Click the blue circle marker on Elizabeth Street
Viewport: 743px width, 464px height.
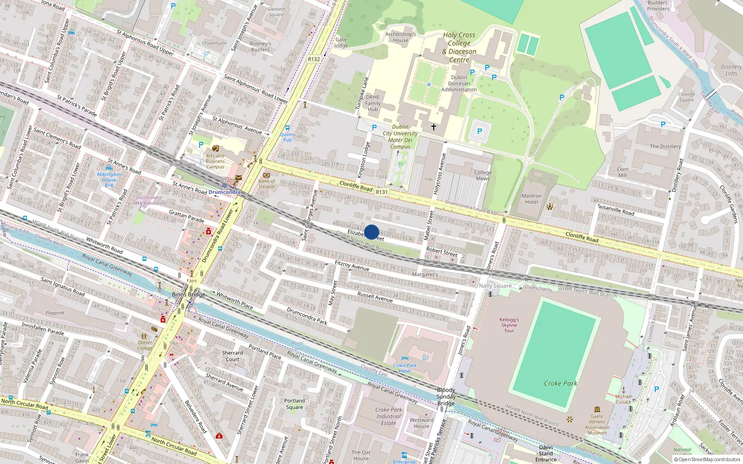pos(371,232)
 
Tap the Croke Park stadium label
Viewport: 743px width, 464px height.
pos(561,383)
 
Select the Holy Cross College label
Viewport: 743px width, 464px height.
pos(459,47)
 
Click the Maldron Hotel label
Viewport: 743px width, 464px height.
pos(531,199)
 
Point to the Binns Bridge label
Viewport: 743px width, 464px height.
pos(188,294)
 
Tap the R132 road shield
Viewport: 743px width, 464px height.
pos(314,59)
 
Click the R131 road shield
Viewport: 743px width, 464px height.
pos(382,192)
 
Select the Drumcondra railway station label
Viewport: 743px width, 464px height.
pos(224,192)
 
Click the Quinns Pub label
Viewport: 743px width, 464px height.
pos(287,137)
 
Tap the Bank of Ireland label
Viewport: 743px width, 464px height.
pos(267,184)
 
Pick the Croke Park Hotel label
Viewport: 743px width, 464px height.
pos(404,368)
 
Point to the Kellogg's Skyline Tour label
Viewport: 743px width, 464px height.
pos(509,325)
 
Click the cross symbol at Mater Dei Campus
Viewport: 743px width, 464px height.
pos(434,127)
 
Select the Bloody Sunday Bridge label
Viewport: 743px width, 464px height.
pos(446,396)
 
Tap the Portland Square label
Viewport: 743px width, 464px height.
pos(294,404)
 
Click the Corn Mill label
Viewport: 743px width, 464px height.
pos(622,172)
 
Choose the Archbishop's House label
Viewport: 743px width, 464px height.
pos(400,37)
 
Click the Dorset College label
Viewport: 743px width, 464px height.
pos(145,345)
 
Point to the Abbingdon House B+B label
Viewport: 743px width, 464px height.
pos(109,180)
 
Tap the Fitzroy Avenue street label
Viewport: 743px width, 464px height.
pos(352,265)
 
